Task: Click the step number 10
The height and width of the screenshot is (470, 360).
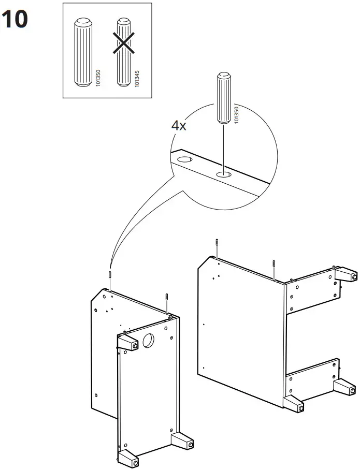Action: click(x=15, y=20)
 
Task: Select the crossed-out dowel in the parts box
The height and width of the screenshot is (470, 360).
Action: click(x=122, y=53)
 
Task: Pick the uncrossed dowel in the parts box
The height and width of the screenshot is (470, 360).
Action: click(x=82, y=53)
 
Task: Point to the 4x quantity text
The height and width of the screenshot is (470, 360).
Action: click(x=179, y=125)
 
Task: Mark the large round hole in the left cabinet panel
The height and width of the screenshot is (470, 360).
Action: click(x=147, y=340)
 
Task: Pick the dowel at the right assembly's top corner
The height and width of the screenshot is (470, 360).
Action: click(x=273, y=267)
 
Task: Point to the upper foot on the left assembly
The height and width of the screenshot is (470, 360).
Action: click(x=128, y=342)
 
